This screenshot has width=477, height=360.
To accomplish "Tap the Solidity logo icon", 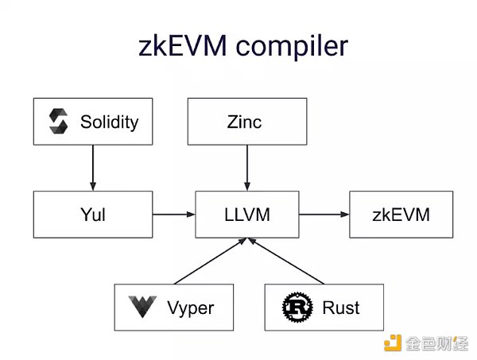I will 59,122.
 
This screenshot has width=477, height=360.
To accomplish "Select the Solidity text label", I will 109,122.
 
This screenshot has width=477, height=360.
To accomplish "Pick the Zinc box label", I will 246,122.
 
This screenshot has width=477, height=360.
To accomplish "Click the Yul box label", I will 92,215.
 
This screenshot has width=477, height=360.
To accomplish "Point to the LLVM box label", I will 246,215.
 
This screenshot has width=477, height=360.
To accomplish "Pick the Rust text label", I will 342,307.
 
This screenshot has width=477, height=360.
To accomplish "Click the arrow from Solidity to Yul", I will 92,168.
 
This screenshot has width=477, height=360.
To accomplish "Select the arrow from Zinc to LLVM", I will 246,168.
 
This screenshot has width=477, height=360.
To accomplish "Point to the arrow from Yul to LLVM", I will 173,215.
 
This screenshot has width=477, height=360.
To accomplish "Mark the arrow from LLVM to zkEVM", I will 323,215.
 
